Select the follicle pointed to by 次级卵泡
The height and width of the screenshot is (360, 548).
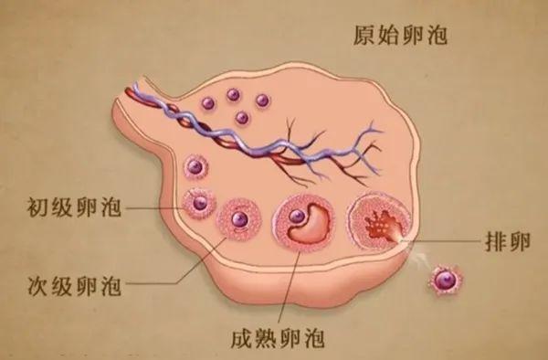tap(239, 219)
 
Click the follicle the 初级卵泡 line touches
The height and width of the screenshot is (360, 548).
tap(198, 203)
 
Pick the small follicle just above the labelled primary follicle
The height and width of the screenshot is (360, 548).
tap(194, 167)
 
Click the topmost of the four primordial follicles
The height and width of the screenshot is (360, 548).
tap(233, 93)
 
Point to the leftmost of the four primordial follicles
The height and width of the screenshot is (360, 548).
tap(207, 101)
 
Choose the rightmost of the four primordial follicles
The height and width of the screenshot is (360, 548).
tap(262, 100)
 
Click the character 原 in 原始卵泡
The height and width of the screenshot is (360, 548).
tap(364, 36)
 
